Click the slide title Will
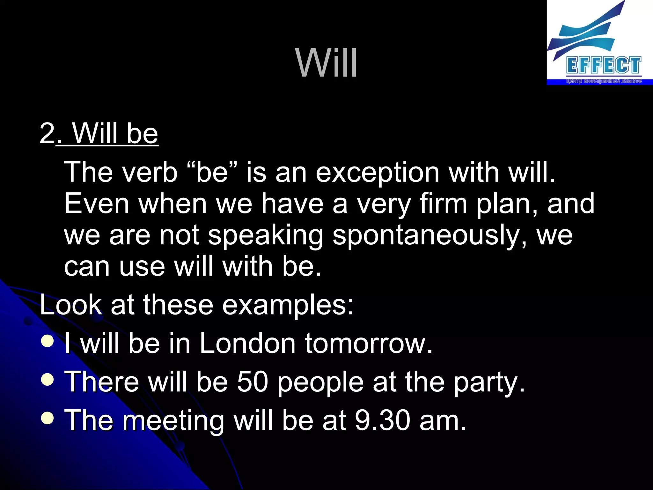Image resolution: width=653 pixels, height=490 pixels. point(326,63)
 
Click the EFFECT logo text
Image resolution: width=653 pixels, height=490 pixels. point(604,65)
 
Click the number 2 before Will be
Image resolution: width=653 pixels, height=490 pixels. point(47,133)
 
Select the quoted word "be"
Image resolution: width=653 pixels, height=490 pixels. point(212,172)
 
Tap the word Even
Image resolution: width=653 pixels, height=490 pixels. point(96,204)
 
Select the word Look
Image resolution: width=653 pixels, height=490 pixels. point(71,305)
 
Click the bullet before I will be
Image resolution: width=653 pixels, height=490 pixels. point(48,341)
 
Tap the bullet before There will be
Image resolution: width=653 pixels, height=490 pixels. point(48,380)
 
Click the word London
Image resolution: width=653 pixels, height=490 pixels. point(247,344)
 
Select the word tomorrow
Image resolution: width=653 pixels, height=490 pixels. point(368,344)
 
